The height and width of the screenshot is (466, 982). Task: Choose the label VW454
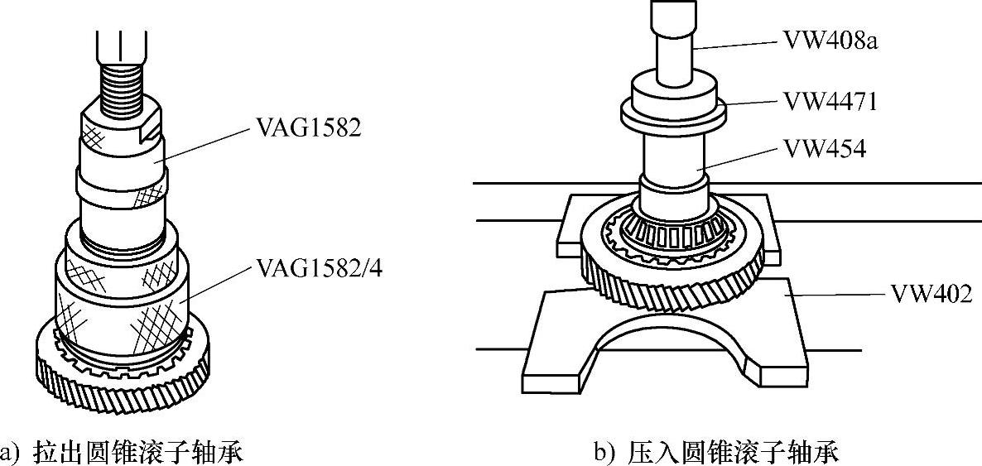(823, 150)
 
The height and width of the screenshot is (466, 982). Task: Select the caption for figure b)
(716, 452)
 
